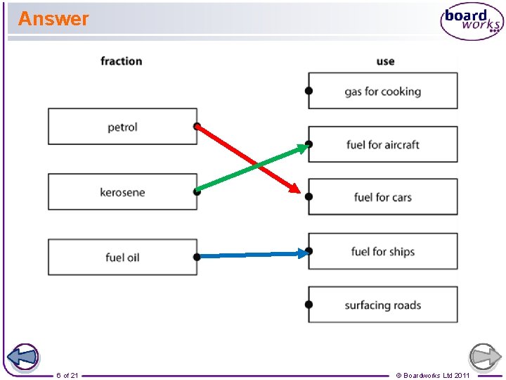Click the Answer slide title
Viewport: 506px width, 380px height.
pyautogui.click(x=53, y=19)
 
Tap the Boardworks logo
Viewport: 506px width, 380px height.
pyautogui.click(x=472, y=21)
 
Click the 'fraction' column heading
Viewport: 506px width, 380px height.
pyautogui.click(x=121, y=61)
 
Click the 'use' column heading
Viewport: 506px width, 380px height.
pyautogui.click(x=385, y=61)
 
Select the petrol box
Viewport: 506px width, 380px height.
pyautogui.click(x=122, y=127)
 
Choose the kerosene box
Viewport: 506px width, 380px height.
pyautogui.click(x=122, y=192)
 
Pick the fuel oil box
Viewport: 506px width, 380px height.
pyautogui.click(x=122, y=258)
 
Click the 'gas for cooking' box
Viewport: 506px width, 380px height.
pyautogui.click(x=383, y=91)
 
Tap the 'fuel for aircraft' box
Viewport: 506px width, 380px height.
pyautogui.click(x=383, y=144)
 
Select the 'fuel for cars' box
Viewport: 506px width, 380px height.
pyautogui.click(x=383, y=197)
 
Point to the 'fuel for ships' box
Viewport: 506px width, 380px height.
pyautogui.click(x=383, y=251)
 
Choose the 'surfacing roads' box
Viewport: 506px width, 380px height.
pyautogui.click(x=383, y=305)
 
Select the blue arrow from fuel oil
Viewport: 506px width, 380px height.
pyautogui.click(x=253, y=255)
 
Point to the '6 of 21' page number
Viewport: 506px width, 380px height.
pyautogui.click(x=67, y=375)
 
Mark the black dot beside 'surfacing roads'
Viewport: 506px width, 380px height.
pyautogui.click(x=309, y=305)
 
